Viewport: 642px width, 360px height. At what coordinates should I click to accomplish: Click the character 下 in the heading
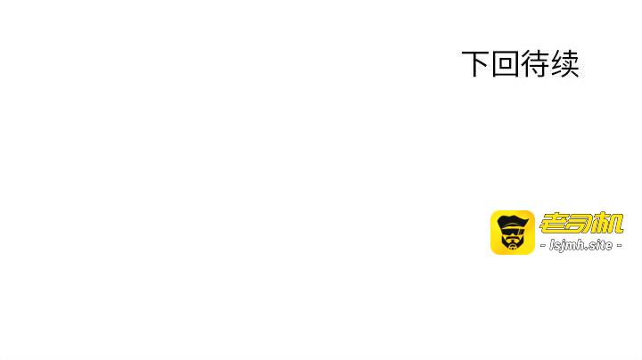pyautogui.click(x=475, y=64)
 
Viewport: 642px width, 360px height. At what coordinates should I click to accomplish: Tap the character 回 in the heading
pyautogui.click(x=505, y=64)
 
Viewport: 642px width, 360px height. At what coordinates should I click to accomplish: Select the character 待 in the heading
pyautogui.click(x=535, y=64)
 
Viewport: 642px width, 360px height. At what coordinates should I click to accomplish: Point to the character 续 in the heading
pyautogui.click(x=565, y=64)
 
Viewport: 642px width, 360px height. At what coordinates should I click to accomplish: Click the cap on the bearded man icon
pyautogui.click(x=512, y=221)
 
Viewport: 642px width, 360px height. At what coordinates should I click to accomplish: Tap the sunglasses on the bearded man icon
pyautogui.click(x=512, y=232)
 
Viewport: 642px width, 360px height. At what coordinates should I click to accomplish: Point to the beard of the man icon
pyautogui.click(x=512, y=243)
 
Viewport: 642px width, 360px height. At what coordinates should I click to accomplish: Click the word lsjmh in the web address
pyautogui.click(x=567, y=246)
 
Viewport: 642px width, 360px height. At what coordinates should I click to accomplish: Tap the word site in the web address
pyautogui.click(x=601, y=246)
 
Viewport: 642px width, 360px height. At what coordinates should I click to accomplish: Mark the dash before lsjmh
pyautogui.click(x=543, y=246)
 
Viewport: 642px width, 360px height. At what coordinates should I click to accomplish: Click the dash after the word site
pyautogui.click(x=619, y=246)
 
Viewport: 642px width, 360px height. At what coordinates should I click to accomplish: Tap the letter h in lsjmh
pyautogui.click(x=580, y=246)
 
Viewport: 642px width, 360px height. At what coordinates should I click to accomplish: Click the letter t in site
pyautogui.click(x=604, y=246)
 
